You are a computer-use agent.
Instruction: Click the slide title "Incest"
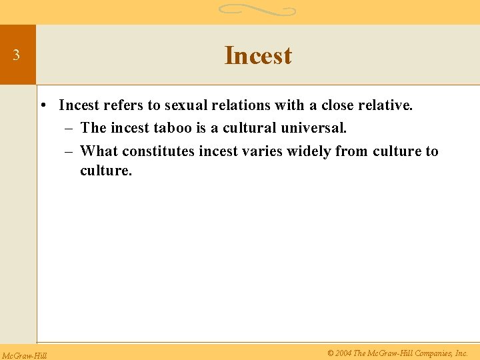pyautogui.click(x=258, y=55)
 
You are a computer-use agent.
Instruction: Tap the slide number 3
pyautogui.click(x=16, y=56)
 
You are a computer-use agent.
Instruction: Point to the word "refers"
pyautogui.click(x=124, y=105)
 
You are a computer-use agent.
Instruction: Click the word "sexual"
pyautogui.click(x=182, y=105)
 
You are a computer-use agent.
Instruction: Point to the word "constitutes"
pyautogui.click(x=156, y=151)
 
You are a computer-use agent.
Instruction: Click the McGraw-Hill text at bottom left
pyautogui.click(x=23, y=353)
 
